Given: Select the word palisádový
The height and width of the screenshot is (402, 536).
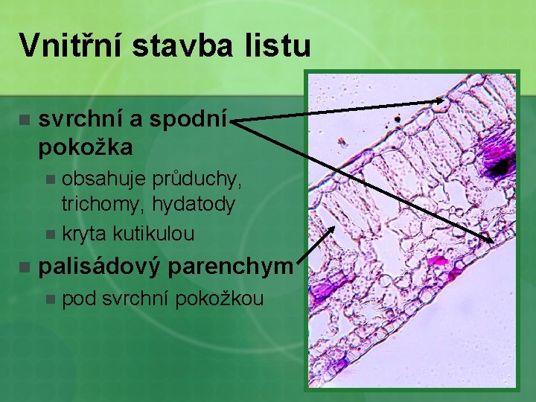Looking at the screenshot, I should click(x=100, y=267).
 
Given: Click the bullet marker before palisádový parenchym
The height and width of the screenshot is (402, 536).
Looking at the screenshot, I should click(x=25, y=267).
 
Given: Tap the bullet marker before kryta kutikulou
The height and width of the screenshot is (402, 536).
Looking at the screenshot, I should click(x=50, y=234).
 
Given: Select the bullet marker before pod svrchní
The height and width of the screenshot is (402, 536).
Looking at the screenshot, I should click(x=50, y=300).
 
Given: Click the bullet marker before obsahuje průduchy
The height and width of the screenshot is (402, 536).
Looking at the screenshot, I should click(x=50, y=179).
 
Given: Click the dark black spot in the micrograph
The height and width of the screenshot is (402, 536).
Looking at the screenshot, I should click(x=503, y=165).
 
